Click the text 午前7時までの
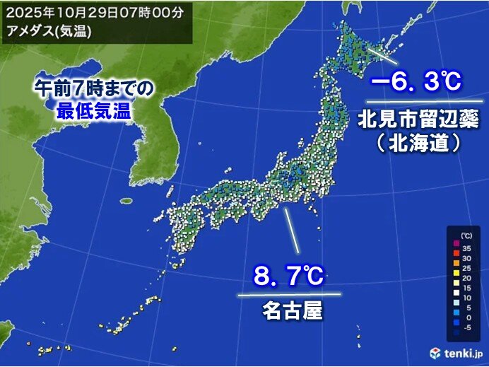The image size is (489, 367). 93,88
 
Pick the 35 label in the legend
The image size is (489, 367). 467,248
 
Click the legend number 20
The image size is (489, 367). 467,279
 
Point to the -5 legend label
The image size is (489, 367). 467,327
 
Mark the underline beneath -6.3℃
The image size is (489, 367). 414,102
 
